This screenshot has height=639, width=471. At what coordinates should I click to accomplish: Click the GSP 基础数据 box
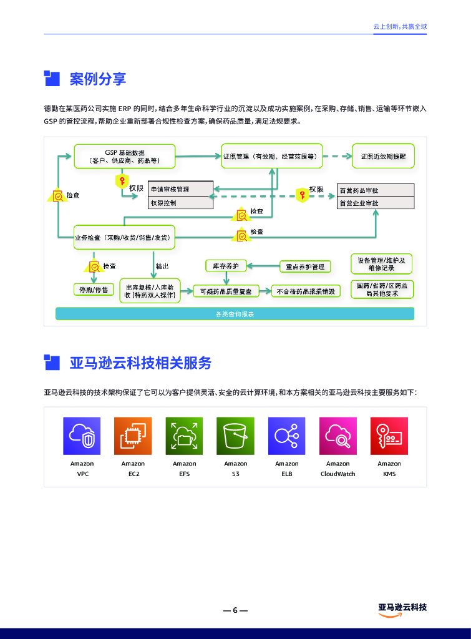[124, 156]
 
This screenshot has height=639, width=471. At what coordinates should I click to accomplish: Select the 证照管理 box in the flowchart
[273, 156]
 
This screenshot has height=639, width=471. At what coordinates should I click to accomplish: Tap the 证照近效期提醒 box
[382, 156]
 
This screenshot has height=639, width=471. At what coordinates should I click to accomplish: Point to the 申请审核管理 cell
[180, 189]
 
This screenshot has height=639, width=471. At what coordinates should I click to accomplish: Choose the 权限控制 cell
[180, 203]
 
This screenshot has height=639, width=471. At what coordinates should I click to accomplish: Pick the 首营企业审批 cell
[376, 203]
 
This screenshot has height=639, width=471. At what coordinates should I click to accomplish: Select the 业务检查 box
[122, 237]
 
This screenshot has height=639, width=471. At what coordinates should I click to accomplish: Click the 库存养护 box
[226, 266]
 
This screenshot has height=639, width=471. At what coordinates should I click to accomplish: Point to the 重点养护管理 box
[305, 266]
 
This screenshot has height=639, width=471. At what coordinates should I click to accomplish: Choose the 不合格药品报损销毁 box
[306, 291]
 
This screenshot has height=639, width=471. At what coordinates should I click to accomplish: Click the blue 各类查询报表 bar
[235, 314]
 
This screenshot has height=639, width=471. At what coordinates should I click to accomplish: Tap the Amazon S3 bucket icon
[235, 436]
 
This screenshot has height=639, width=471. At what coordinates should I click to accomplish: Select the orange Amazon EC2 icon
[133, 436]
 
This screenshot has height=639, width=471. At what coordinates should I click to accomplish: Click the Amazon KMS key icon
[389, 436]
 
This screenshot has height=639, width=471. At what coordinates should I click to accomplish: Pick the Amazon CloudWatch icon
[338, 436]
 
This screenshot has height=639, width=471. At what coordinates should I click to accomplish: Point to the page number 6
[235, 610]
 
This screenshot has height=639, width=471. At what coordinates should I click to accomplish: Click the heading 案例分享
[98, 79]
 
